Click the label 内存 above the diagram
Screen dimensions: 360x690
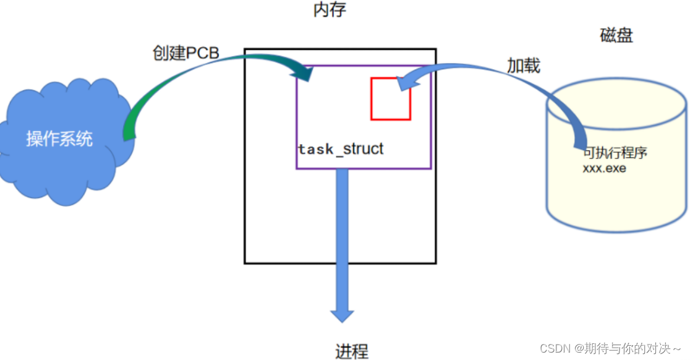330,11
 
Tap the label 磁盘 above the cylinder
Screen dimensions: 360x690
616,35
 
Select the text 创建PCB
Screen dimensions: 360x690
186,53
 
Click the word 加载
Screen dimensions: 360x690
523,66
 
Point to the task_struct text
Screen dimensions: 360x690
341,149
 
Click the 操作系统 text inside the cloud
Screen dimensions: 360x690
59,139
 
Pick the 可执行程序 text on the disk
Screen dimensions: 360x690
615,153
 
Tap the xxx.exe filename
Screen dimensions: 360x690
604,168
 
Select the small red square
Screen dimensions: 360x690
390,98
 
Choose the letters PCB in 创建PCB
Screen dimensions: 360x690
203,53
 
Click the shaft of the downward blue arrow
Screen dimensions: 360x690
342,235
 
